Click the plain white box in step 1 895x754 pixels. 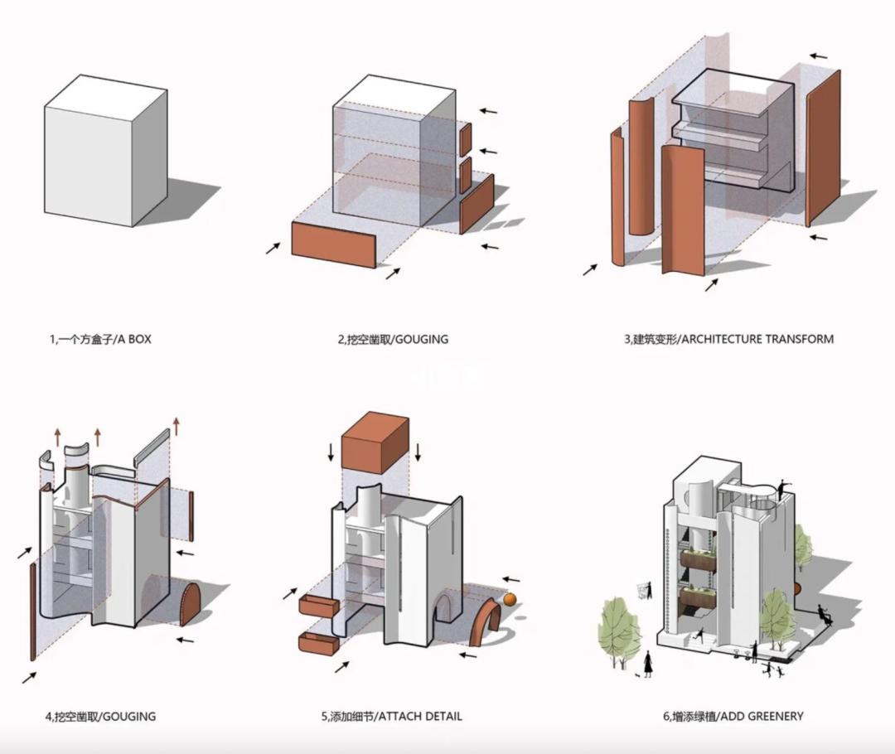pyautogui.click(x=104, y=153)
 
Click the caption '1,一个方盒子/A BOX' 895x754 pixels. pyautogui.click(x=100, y=339)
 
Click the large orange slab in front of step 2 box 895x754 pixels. pyautogui.click(x=334, y=244)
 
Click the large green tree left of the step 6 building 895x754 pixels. pyautogui.click(x=617, y=626)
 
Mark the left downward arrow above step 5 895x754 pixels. pyautogui.click(x=331, y=452)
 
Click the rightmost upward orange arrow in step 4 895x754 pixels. pyautogui.click(x=177, y=428)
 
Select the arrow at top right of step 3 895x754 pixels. pyautogui.click(x=818, y=57)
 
